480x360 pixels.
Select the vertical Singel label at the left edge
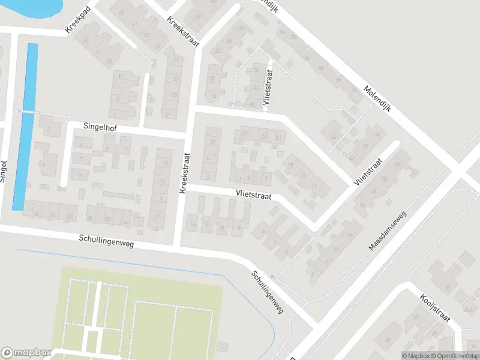4,170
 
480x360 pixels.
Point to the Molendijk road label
377,100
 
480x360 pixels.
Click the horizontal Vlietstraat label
254,195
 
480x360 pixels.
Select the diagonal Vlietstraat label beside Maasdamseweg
368,173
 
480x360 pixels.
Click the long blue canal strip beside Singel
25,126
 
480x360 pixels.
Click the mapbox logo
26,353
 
